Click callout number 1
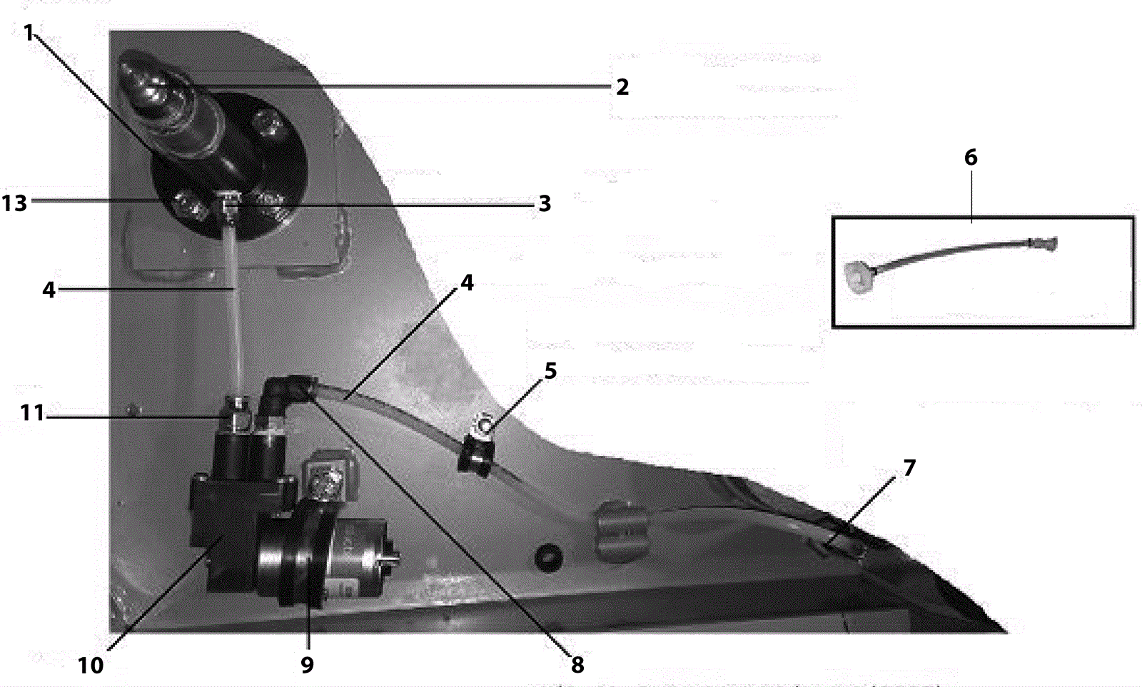click(29, 33)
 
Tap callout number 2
click(622, 87)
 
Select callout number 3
click(545, 204)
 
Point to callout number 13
click(14, 203)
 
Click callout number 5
click(550, 371)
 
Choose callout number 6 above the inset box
click(971, 158)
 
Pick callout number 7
click(909, 468)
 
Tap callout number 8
click(577, 665)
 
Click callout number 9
click(307, 665)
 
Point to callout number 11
click(32, 413)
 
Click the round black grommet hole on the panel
click(548, 556)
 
